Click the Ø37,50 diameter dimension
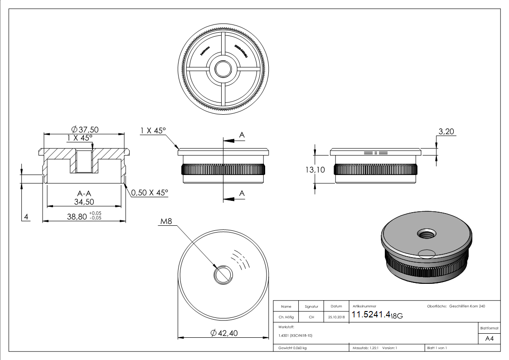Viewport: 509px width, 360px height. pos(85,130)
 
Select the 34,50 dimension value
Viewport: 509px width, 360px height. pos(84,202)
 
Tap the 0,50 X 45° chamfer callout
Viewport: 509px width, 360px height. pos(149,193)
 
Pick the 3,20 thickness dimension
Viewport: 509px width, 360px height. pos(446,132)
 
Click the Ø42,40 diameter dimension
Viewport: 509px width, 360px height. pos(224,333)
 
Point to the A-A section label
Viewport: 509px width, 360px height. pos(84,193)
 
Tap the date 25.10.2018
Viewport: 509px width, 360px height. pos(336,317)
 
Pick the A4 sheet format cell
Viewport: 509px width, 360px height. pos(489,338)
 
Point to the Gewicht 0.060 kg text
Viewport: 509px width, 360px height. pos(292,348)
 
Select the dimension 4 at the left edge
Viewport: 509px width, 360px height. pos(26,217)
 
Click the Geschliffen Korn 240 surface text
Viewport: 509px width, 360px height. pos(467,306)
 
